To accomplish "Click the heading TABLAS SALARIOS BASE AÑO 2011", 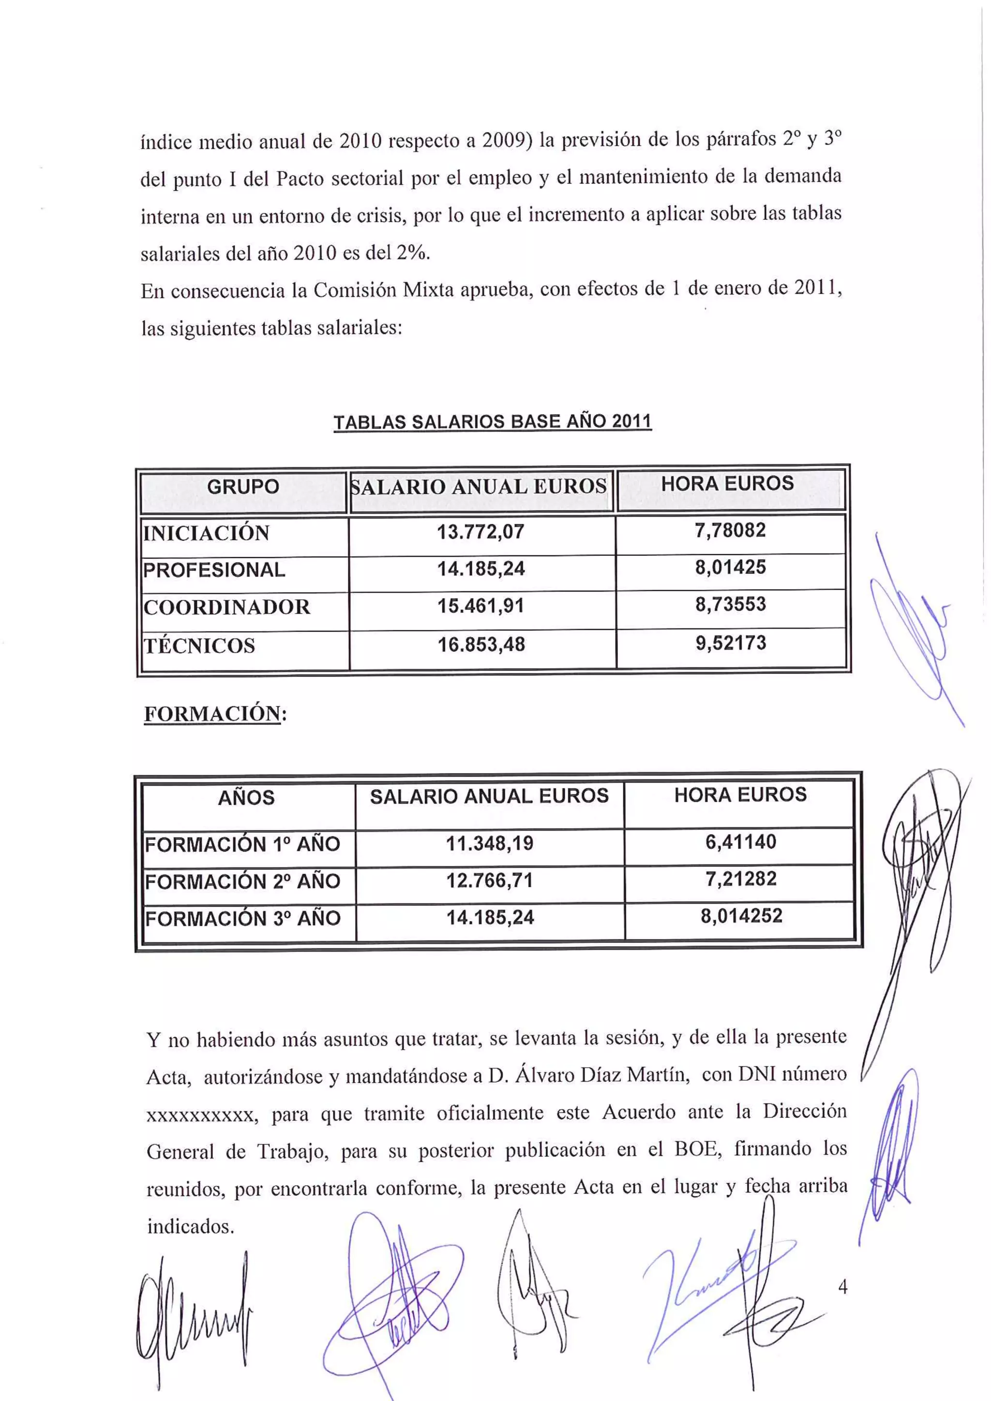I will (493, 422).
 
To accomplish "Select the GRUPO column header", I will (243, 487).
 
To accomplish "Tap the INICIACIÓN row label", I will (206, 533).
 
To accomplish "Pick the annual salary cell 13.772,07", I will (481, 532).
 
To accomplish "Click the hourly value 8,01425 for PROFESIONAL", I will (731, 567).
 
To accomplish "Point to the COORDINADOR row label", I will (226, 607).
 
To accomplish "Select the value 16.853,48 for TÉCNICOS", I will (481, 644).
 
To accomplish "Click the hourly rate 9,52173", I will (731, 642).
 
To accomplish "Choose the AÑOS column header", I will (246, 798).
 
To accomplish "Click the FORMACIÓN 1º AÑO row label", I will (242, 845).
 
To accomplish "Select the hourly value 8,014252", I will (741, 915).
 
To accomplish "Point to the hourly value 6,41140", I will (741, 842).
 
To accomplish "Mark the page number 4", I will (843, 1287).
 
